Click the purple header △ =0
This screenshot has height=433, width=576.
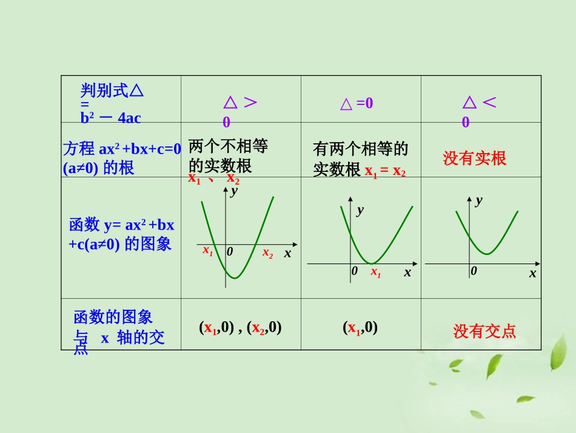coord(357,104)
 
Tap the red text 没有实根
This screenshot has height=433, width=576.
coord(474,159)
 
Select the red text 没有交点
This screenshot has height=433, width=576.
coord(484,331)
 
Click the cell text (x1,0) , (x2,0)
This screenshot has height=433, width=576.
coord(240,328)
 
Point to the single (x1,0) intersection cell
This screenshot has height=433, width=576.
coord(360,328)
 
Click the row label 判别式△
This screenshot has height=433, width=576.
coord(113,91)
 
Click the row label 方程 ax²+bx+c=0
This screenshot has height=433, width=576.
coord(122,149)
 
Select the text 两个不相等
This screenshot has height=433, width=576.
coord(228,146)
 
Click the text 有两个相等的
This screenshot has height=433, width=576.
coord(361,149)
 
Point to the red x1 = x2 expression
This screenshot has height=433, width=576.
coord(385,171)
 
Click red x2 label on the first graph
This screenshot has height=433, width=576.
coord(267,253)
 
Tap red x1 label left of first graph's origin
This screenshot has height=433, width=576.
coord(207,250)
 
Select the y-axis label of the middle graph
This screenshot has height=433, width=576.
coord(360,211)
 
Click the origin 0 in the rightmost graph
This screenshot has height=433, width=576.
coord(474,271)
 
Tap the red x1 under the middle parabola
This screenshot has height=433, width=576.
coord(376,272)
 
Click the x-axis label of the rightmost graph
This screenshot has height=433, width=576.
coord(532,273)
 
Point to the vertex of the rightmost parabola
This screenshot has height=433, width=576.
coord(487,254)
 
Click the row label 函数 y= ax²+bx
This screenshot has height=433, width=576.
coord(122,225)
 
